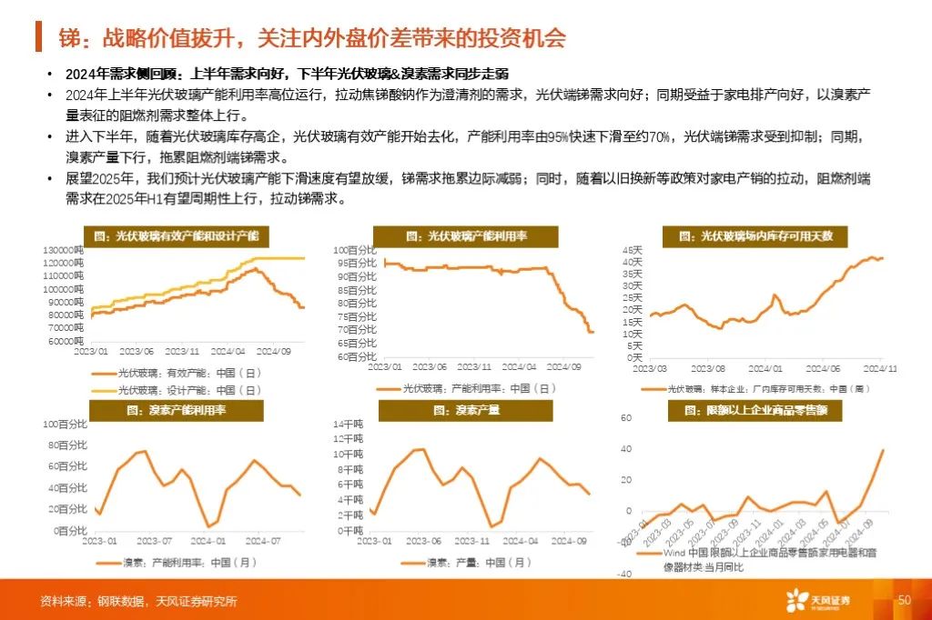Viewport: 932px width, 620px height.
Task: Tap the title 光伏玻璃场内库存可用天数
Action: tap(762, 236)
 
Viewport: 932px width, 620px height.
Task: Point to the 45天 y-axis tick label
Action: tap(632, 249)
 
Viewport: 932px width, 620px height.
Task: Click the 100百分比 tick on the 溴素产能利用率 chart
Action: tap(65, 425)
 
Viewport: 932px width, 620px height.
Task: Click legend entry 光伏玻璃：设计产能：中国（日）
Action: tap(177, 390)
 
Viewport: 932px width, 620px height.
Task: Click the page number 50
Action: tap(904, 601)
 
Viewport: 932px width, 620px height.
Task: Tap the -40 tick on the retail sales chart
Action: tap(625, 574)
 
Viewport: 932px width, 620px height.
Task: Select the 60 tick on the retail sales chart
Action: tap(626, 418)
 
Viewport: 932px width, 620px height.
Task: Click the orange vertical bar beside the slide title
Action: tap(38, 37)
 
